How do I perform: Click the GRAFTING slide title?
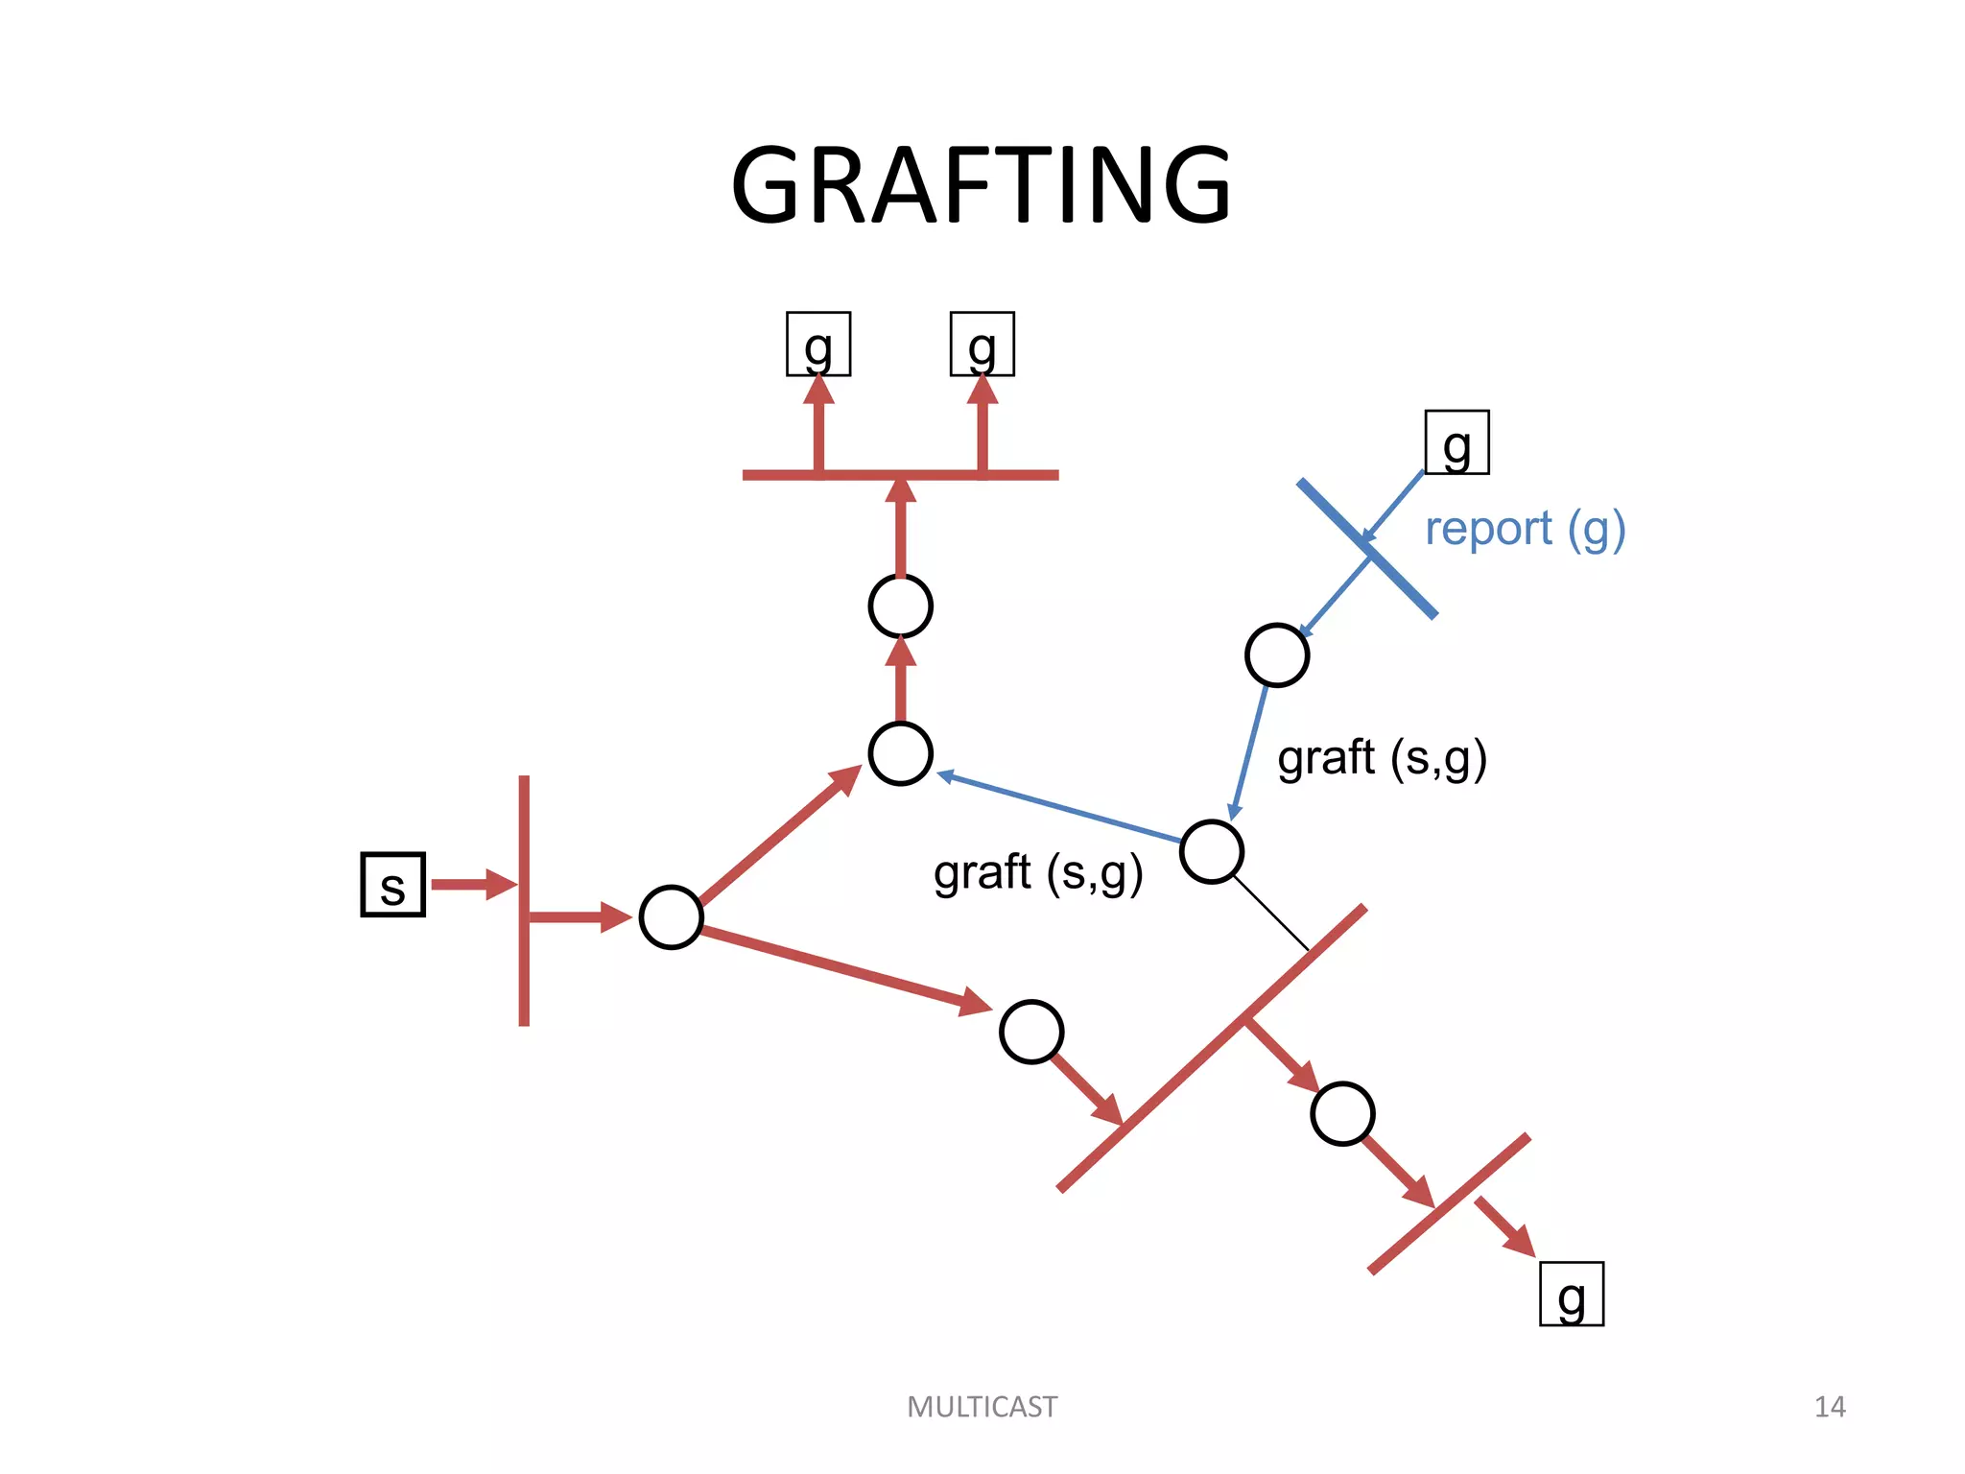[x=981, y=185]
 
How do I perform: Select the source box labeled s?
[x=392, y=885]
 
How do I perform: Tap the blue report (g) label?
[x=1525, y=529]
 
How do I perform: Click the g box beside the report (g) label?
[x=1456, y=442]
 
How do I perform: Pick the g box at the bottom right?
[x=1571, y=1294]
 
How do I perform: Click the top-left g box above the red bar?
[x=818, y=344]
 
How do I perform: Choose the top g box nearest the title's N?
[x=982, y=344]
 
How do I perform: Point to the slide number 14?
[x=1829, y=1407]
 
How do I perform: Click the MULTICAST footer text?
[x=982, y=1407]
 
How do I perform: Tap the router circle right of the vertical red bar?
[x=672, y=917]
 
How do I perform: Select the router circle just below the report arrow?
[x=1277, y=655]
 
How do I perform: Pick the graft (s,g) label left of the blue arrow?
[x=1038, y=873]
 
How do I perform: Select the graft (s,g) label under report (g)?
[x=1382, y=758]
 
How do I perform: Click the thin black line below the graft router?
[x=1271, y=913]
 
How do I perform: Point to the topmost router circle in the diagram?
[x=900, y=606]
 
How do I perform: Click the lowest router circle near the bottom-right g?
[x=1342, y=1113]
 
